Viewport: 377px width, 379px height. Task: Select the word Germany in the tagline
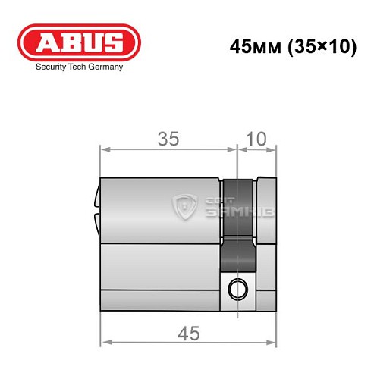103,67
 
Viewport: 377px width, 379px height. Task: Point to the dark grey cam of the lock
237,227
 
